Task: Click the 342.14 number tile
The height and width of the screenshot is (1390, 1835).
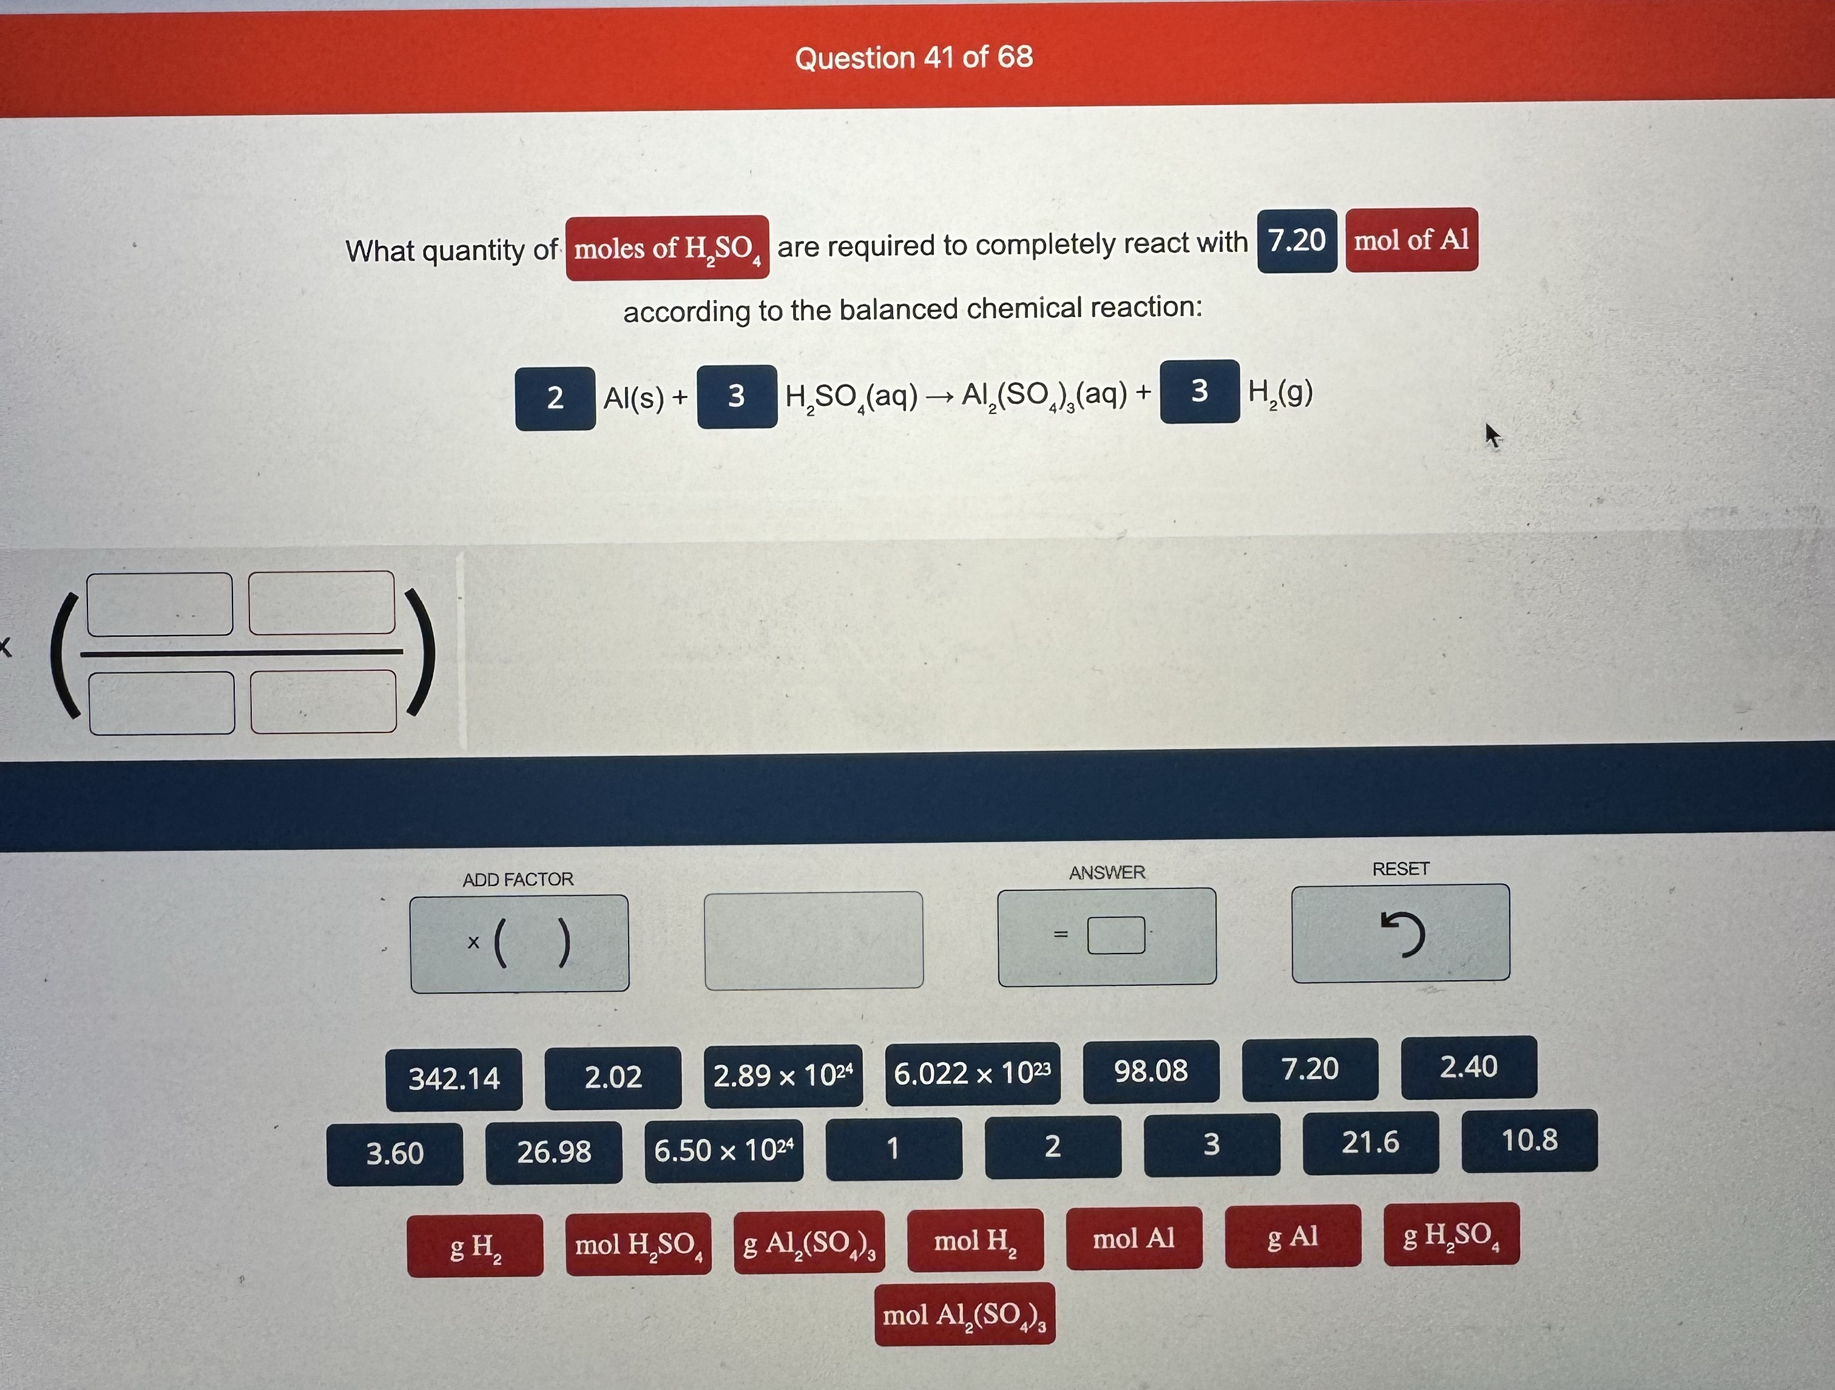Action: pyautogui.click(x=454, y=1079)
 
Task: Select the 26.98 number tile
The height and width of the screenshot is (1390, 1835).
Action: pyautogui.click(x=553, y=1152)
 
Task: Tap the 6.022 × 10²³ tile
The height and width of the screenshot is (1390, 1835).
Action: pyautogui.click(x=972, y=1074)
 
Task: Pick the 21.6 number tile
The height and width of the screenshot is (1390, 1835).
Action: pyautogui.click(x=1370, y=1143)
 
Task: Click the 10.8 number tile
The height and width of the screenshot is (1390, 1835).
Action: pyautogui.click(x=1530, y=1140)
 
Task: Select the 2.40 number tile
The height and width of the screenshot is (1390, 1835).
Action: pyautogui.click(x=1468, y=1067)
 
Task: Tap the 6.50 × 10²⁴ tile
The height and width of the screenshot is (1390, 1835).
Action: pyautogui.click(x=723, y=1150)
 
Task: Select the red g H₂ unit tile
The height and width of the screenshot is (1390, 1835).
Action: pyautogui.click(x=475, y=1246)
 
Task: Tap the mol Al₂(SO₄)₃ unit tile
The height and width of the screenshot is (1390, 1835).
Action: pyautogui.click(x=965, y=1315)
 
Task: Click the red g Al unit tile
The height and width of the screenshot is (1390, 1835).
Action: pyautogui.click(x=1293, y=1236)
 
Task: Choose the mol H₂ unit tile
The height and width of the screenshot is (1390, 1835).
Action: pyautogui.click(x=975, y=1241)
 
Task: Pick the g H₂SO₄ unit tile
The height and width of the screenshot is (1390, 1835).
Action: pyautogui.click(x=1451, y=1234)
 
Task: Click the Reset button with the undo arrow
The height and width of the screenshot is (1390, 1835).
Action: pyautogui.click(x=1401, y=934)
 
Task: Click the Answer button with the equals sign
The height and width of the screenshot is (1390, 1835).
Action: pyautogui.click(x=1107, y=937)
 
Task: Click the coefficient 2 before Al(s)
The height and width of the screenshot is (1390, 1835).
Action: pyautogui.click(x=555, y=398)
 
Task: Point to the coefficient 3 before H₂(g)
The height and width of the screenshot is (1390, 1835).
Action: pyautogui.click(x=1200, y=392)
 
